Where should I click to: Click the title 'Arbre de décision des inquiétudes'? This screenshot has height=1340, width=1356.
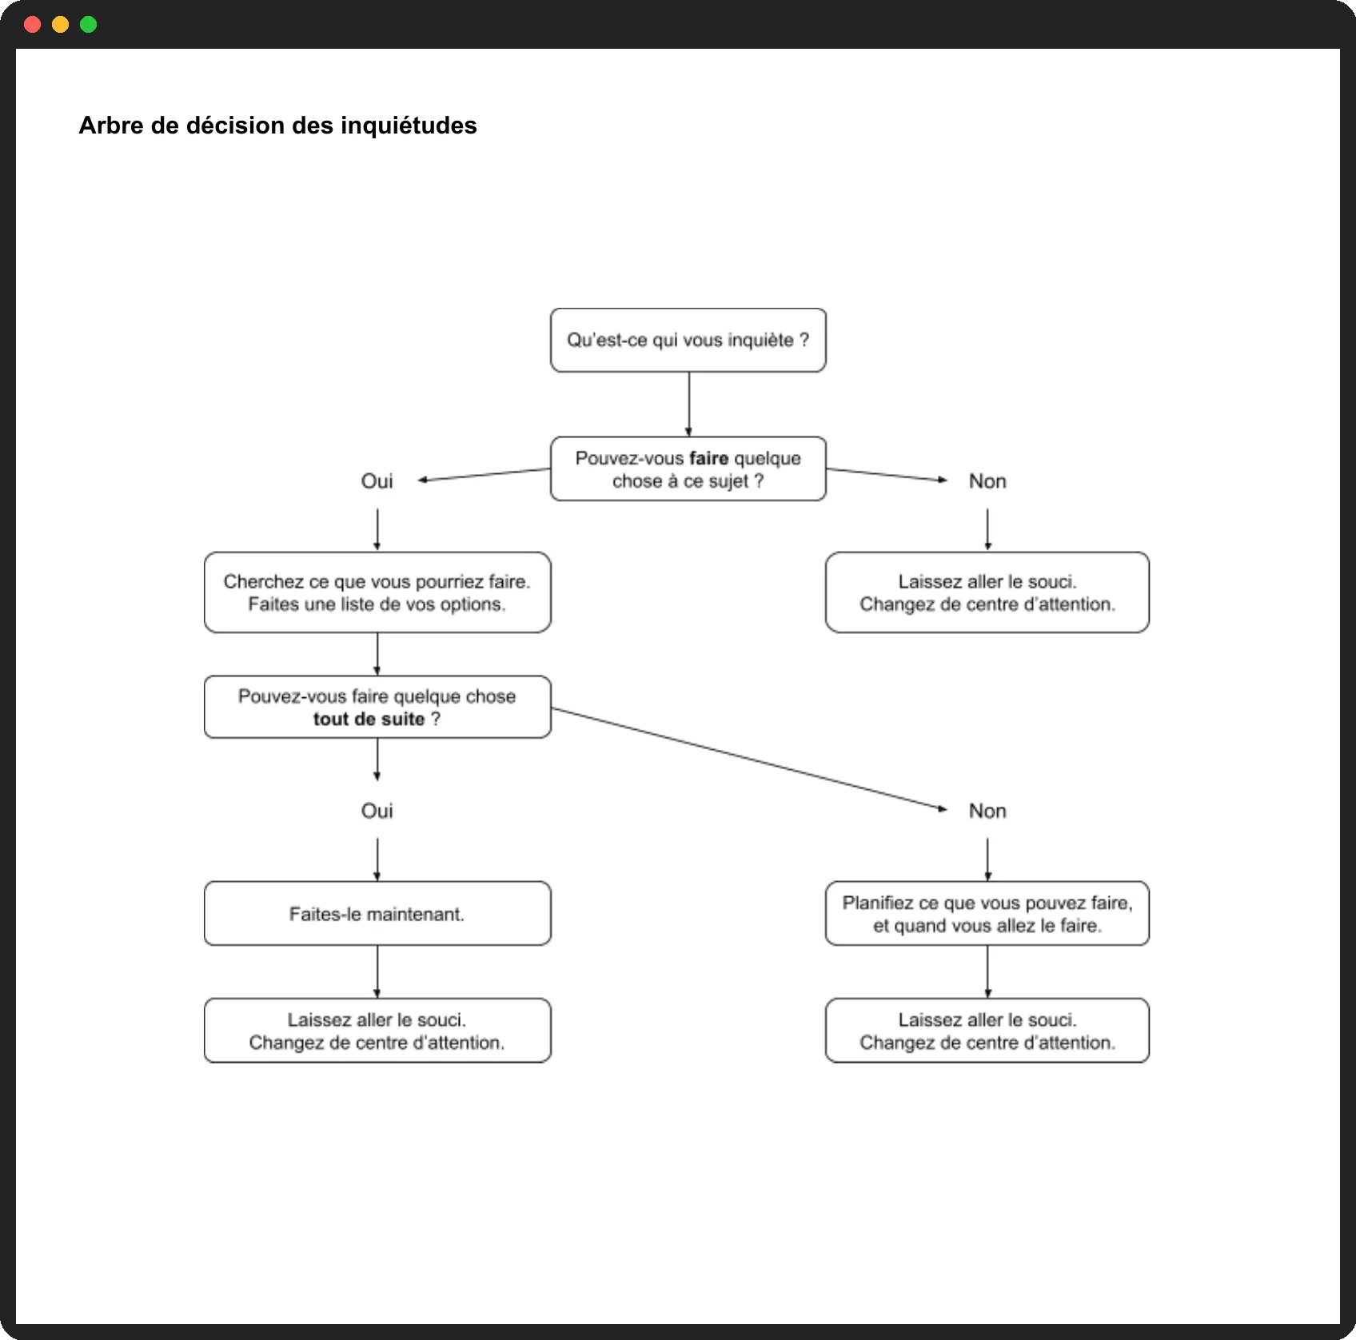[277, 126]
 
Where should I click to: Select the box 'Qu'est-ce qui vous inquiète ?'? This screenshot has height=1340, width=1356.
[688, 340]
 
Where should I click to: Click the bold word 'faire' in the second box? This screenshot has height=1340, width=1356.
[709, 458]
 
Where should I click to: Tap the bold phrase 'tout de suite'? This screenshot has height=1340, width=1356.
[369, 719]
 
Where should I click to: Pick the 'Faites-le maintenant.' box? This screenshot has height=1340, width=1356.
[377, 913]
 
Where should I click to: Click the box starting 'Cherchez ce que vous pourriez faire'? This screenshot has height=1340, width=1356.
[377, 592]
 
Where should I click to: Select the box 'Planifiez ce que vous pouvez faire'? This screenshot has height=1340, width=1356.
[987, 913]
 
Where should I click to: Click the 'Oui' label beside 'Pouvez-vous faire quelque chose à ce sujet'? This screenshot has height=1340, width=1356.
[377, 481]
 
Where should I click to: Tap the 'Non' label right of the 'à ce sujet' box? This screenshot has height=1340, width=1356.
[987, 481]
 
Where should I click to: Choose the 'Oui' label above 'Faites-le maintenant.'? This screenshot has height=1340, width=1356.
[377, 811]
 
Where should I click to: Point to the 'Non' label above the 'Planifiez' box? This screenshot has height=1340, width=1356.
[987, 811]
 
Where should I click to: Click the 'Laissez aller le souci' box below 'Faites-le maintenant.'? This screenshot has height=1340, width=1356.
[377, 1031]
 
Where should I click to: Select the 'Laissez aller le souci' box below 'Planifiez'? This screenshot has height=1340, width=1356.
[987, 1031]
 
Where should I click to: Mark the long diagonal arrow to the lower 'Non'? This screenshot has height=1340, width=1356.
[749, 759]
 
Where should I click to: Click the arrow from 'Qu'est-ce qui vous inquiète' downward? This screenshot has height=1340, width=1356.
[688, 404]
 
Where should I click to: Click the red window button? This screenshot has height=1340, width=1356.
[33, 25]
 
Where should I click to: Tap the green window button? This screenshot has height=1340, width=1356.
[89, 25]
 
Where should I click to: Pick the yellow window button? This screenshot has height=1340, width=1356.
[61, 25]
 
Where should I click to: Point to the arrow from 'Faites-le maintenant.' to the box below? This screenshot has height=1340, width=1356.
[377, 971]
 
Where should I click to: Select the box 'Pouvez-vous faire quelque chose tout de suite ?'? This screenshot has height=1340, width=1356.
[377, 707]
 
